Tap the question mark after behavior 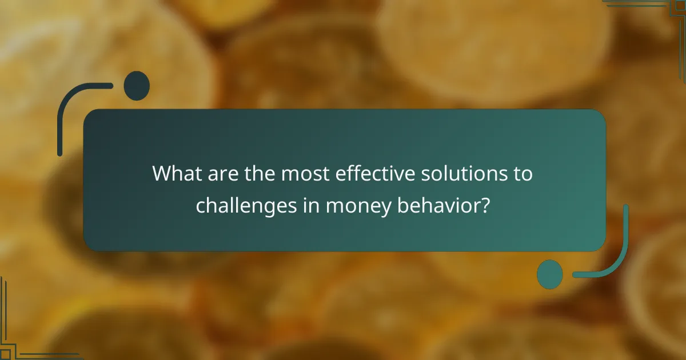pos(485,206)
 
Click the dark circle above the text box pos(137,86)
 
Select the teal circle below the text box pos(549,274)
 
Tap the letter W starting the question pos(161,174)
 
